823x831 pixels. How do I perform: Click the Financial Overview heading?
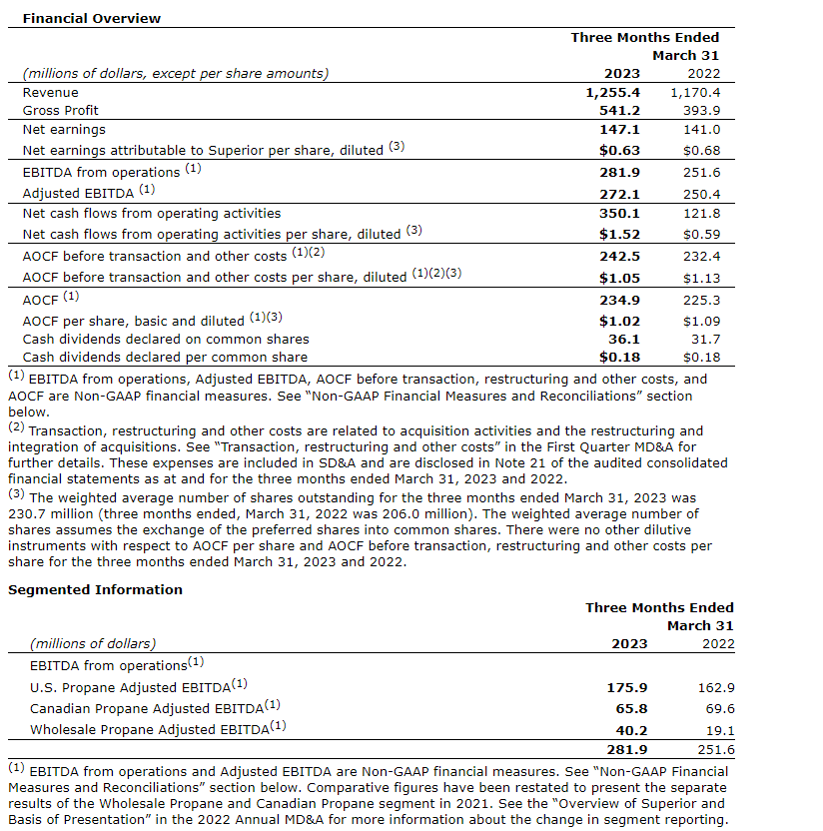pyautogui.click(x=91, y=18)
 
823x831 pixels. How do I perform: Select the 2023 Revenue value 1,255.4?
pyautogui.click(x=611, y=92)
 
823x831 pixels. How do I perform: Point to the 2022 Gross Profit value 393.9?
pyautogui.click(x=700, y=110)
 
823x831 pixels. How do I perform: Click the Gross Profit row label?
pyautogui.click(x=61, y=110)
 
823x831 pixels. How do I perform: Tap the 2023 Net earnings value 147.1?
pyautogui.click(x=619, y=129)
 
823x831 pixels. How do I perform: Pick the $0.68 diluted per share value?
pyautogui.click(x=701, y=150)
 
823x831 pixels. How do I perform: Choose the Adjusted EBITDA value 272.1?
pyautogui.click(x=619, y=194)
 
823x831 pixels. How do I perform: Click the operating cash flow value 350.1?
pyautogui.click(x=619, y=213)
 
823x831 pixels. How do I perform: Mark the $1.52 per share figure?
pyautogui.click(x=619, y=234)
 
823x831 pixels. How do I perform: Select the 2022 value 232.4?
pyautogui.click(x=700, y=256)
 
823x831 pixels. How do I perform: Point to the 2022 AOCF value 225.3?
pyautogui.click(x=700, y=300)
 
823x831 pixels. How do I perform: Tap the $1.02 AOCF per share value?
pyautogui.click(x=619, y=322)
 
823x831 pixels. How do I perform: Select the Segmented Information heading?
pyautogui.click(x=95, y=589)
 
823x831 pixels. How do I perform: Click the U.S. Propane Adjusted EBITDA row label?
pyautogui.click(x=139, y=686)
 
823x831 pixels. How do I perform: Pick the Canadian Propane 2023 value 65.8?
pyautogui.click(x=629, y=708)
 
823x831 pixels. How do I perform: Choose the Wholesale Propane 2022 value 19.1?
pyautogui.click(x=718, y=730)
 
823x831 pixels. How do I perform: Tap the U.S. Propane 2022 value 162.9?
pyautogui.click(x=714, y=687)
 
